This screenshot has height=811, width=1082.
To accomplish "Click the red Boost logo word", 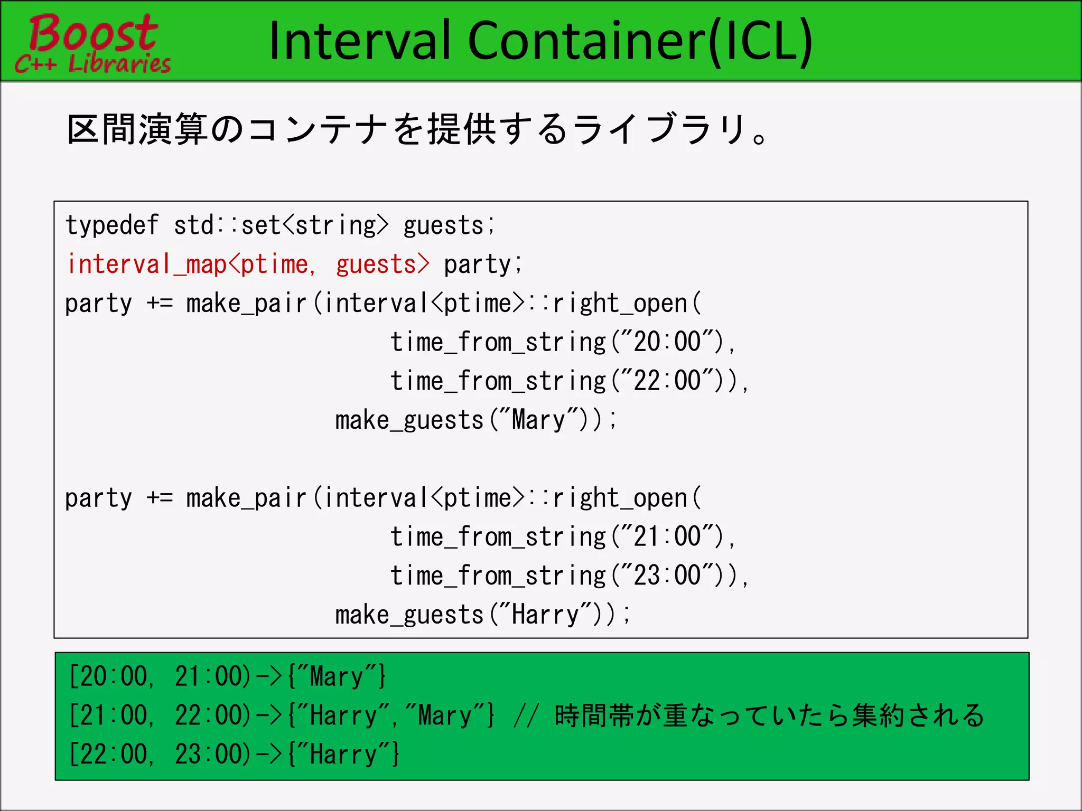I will pos(93,33).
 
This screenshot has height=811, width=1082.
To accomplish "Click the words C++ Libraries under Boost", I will pos(93,63).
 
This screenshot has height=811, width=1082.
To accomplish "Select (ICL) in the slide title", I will pos(760,41).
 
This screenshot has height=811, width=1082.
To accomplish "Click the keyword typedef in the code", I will pos(112,225).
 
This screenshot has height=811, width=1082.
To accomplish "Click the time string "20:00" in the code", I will pos(668,342).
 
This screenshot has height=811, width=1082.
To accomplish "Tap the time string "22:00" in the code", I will pos(668,381).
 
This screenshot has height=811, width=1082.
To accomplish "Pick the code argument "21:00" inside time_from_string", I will pos(668,536).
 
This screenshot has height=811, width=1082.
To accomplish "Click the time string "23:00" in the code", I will pos(668,576).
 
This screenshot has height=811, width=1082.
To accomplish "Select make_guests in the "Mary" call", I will pos(410,421).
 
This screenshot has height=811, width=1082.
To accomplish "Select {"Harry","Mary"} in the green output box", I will pos(391,715).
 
